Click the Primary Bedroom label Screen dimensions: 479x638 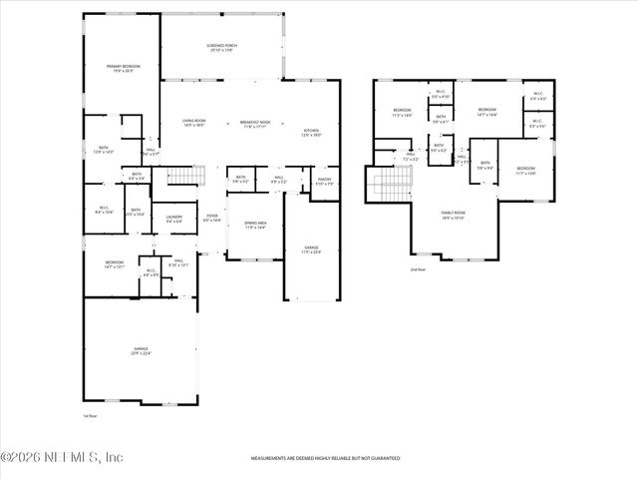click(x=124, y=69)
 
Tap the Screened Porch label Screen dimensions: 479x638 click(x=220, y=48)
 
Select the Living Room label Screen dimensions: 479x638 click(x=192, y=124)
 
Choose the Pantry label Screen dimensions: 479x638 click(x=324, y=183)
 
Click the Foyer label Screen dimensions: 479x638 click(x=212, y=218)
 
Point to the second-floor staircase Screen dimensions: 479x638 click(x=391, y=184)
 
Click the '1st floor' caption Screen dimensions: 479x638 click(x=90, y=415)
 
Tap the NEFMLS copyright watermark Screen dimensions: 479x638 click(x=62, y=458)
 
